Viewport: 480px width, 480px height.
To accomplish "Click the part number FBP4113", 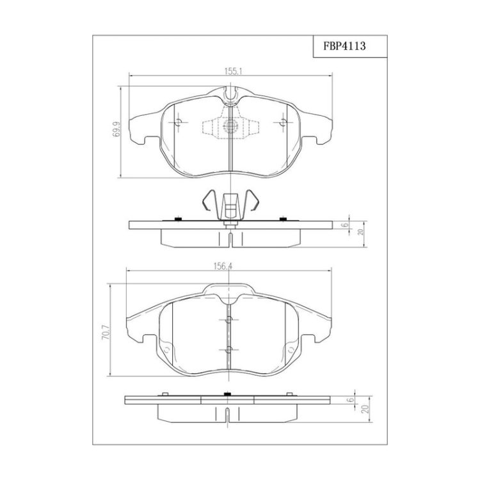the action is (344, 46).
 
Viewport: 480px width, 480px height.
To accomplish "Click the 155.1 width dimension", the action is (234, 72).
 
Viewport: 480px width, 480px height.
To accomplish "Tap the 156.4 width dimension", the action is (223, 267).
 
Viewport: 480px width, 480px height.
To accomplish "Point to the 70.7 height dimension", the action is (106, 333).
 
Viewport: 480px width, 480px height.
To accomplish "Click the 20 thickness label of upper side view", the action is (360, 232).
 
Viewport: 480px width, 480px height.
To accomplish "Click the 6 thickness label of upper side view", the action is (346, 225).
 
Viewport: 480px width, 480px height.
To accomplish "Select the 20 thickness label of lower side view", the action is (365, 410).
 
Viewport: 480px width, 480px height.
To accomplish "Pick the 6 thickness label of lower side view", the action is (351, 399).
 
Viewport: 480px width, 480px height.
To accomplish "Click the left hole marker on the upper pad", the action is (179, 122).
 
